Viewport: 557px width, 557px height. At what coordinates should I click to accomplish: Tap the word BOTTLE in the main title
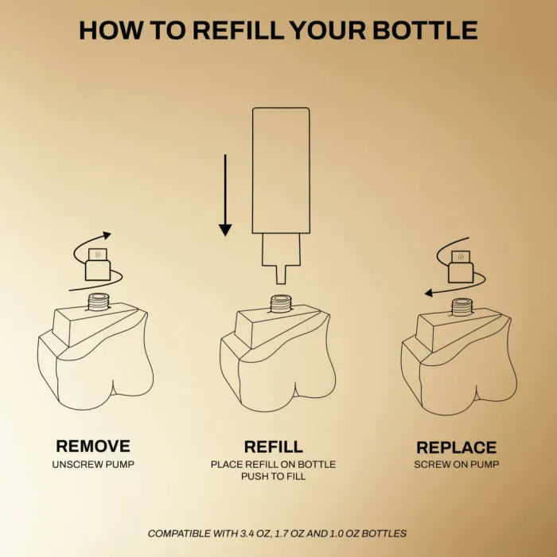pos(425,30)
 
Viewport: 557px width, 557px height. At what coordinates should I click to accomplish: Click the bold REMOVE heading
pos(93,446)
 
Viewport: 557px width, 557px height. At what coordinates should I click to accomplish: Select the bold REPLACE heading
pos(456,447)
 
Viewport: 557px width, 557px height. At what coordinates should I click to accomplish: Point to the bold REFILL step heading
pos(273,447)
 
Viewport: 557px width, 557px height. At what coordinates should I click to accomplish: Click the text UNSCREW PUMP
pos(93,464)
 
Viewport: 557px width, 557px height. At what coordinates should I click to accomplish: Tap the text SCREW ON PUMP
pos(457,464)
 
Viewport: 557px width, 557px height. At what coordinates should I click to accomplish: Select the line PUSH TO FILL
pos(273,476)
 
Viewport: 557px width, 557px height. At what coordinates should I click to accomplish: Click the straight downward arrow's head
pos(225,230)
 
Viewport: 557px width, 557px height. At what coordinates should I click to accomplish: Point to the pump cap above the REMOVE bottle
pos(98,264)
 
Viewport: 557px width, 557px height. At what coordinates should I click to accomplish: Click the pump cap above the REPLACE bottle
pos(461,267)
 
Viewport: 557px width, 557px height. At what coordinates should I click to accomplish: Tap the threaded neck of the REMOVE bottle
pos(99,302)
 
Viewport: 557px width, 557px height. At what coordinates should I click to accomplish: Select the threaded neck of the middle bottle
pos(281,304)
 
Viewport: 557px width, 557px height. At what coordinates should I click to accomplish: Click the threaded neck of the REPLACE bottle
pos(462,307)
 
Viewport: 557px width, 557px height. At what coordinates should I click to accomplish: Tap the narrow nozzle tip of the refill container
pos(281,275)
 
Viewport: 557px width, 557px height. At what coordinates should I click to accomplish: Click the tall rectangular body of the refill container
pos(281,170)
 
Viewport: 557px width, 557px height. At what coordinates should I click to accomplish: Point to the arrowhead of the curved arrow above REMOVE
pos(107,236)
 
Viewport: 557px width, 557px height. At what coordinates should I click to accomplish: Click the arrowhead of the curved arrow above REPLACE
pos(429,293)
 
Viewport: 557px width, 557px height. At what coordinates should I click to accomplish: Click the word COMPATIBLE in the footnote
pos(179,534)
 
